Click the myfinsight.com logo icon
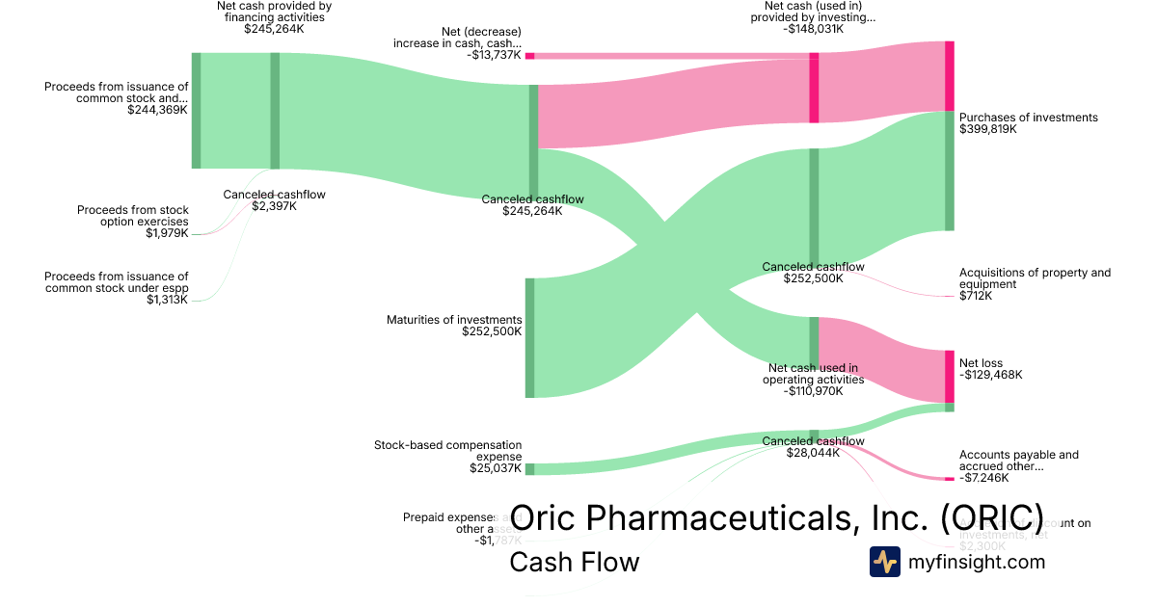click(884, 562)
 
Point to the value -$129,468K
click(991, 375)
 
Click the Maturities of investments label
click(454, 320)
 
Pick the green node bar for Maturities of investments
click(529, 337)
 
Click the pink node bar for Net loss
click(949, 376)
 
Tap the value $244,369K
click(157, 110)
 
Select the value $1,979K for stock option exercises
click(167, 233)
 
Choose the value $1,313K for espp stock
click(167, 301)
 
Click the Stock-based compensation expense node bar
click(529, 469)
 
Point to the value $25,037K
click(496, 469)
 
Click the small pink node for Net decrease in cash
click(529, 56)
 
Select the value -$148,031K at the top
click(813, 29)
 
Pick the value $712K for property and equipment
click(976, 296)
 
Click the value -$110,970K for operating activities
click(812, 391)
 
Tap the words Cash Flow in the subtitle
click(574, 562)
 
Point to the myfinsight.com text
click(977, 562)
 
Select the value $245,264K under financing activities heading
click(274, 29)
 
